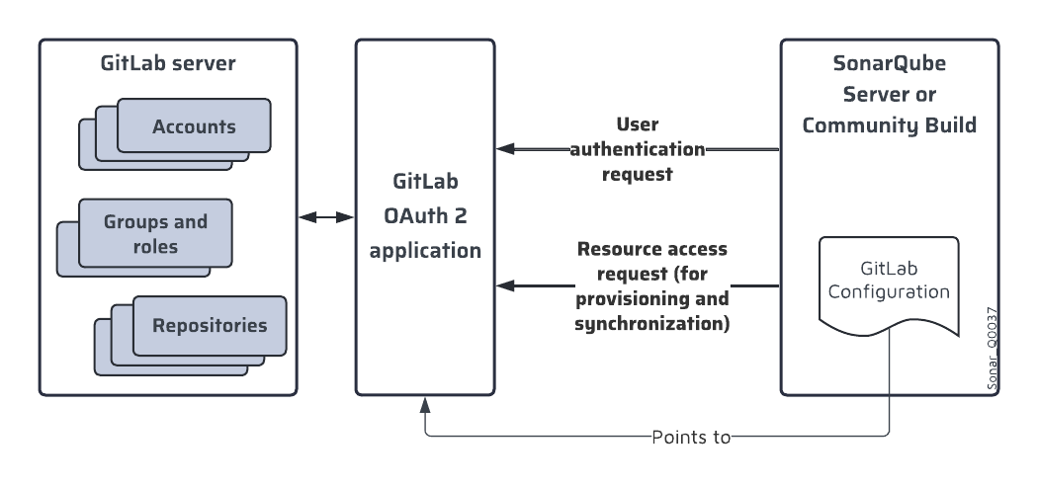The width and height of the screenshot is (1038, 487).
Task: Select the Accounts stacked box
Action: [x=194, y=126]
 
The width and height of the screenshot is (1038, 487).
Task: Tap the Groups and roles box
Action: [x=155, y=233]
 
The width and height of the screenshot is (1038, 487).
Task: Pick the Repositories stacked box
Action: [x=209, y=325]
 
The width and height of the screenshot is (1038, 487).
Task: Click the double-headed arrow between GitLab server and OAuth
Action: [x=327, y=216]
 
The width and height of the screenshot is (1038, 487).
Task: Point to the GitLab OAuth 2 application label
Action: [x=425, y=216]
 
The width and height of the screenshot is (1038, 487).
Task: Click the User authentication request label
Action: [x=638, y=150]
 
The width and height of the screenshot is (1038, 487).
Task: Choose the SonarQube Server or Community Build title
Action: [x=889, y=96]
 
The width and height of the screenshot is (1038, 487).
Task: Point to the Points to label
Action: [x=691, y=436]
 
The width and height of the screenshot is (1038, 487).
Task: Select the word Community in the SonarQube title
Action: [x=861, y=125]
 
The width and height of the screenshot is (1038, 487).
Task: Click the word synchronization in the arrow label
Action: [x=651, y=323]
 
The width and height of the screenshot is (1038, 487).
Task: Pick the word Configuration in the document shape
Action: [x=889, y=292]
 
